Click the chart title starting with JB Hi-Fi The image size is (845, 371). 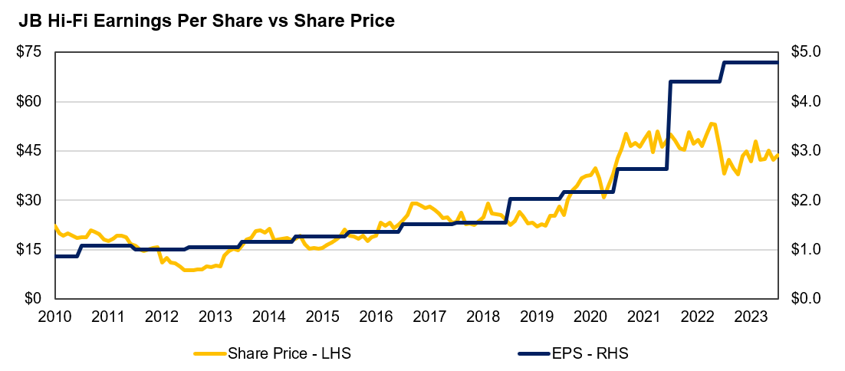pyautogui.click(x=206, y=21)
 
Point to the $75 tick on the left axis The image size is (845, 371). pyautogui.click(x=31, y=52)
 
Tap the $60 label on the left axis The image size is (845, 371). pyautogui.click(x=31, y=101)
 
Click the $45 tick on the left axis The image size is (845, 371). pyautogui.click(x=31, y=151)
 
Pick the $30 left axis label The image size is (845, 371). pyautogui.click(x=31, y=200)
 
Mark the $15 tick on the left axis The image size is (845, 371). pyautogui.click(x=31, y=250)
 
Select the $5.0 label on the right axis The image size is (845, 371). pyautogui.click(x=806, y=52)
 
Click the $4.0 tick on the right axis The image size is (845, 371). pyautogui.click(x=806, y=101)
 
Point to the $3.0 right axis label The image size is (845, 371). pyautogui.click(x=806, y=151)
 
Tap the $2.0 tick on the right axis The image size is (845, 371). pyautogui.click(x=806, y=200)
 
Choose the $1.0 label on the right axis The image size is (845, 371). pyautogui.click(x=806, y=250)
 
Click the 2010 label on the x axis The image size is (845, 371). pyautogui.click(x=55, y=316)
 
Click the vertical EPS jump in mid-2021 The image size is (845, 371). pyautogui.click(x=669, y=125)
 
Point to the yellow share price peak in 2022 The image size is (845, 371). pyautogui.click(x=712, y=123)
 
